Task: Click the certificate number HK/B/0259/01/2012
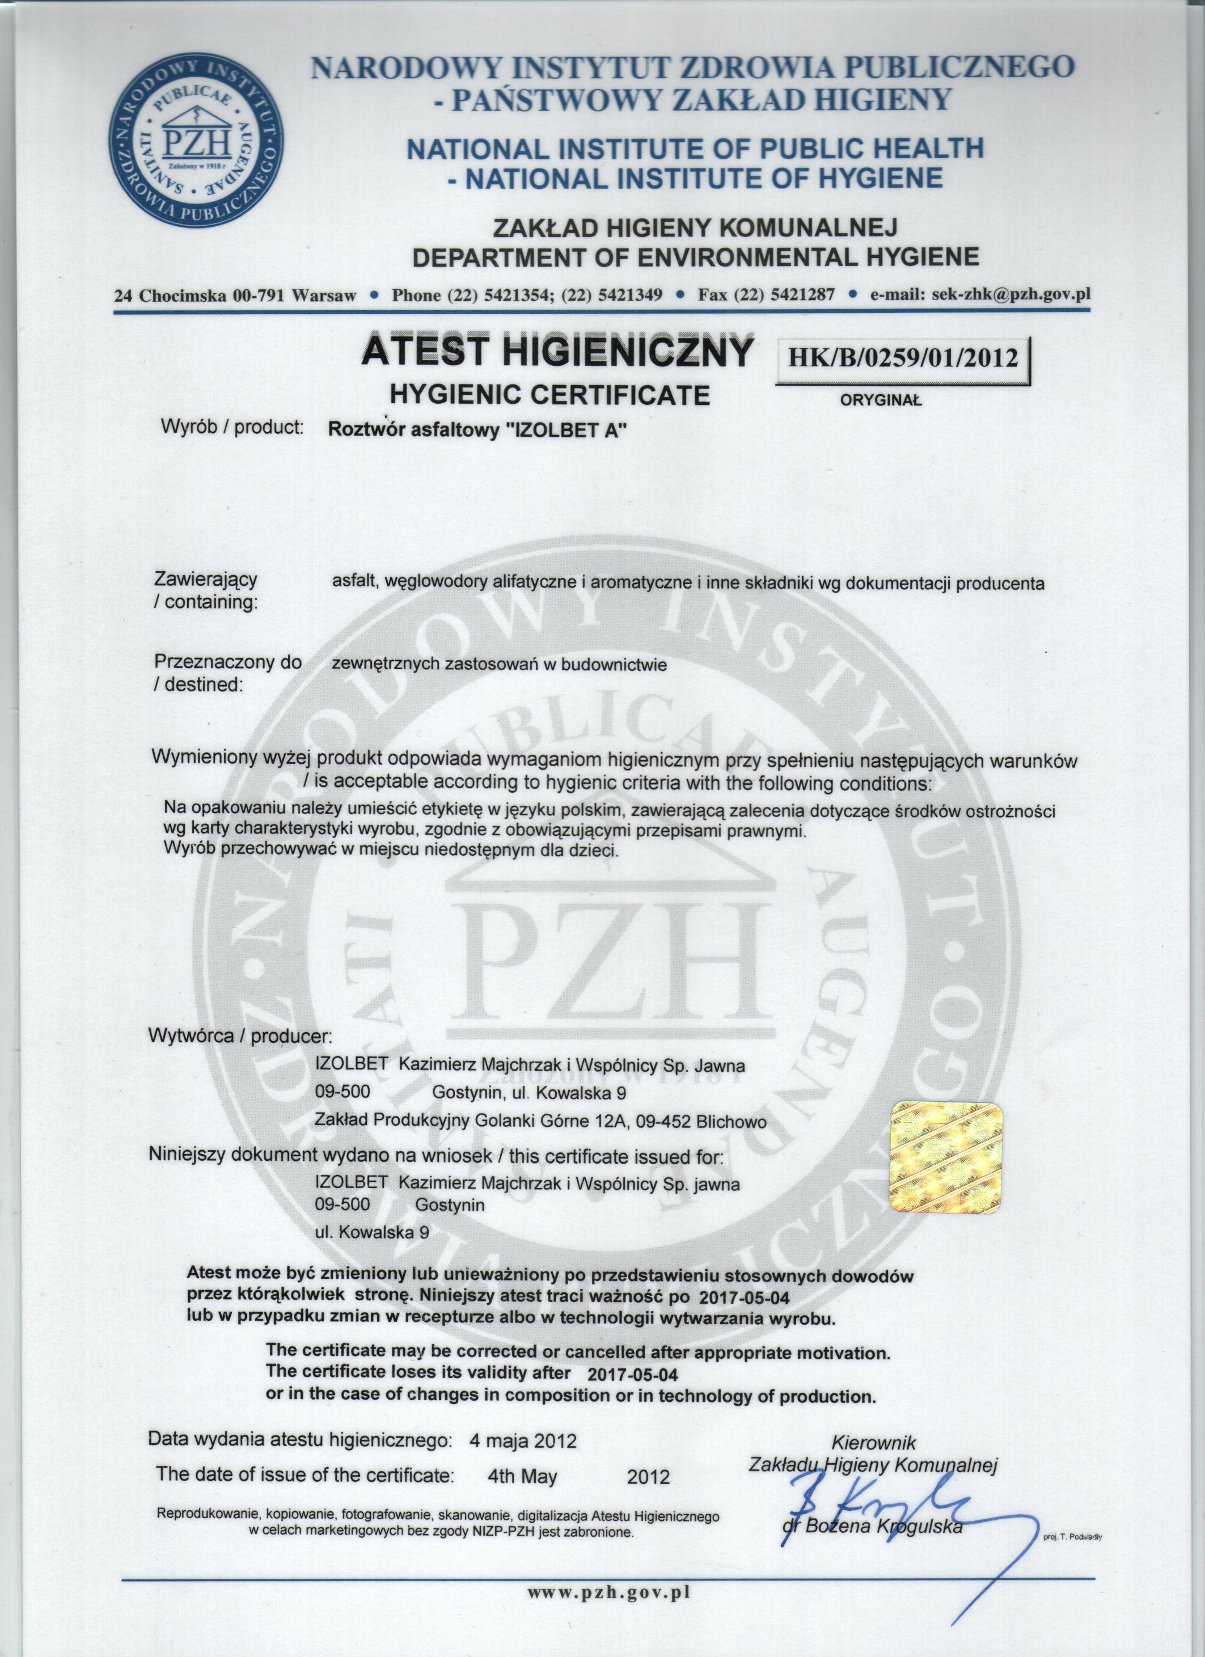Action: point(903,358)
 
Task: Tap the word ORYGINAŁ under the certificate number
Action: point(881,400)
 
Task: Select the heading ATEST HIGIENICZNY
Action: point(556,352)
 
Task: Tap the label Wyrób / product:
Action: point(232,428)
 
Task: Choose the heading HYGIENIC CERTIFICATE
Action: point(549,395)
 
